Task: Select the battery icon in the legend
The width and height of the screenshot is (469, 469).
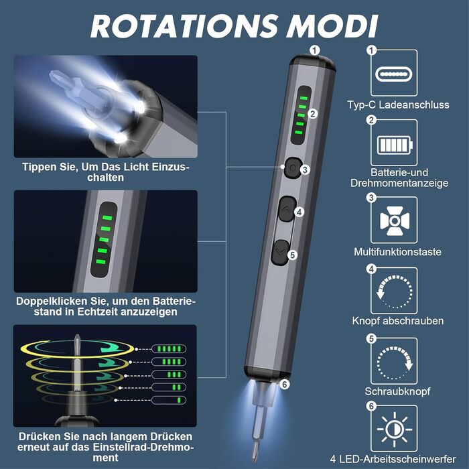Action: (395, 145)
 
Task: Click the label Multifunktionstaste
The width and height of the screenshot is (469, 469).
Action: (397, 252)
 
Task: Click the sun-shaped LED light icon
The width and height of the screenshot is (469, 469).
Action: (395, 429)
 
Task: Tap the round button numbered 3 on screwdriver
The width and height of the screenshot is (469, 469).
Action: (292, 168)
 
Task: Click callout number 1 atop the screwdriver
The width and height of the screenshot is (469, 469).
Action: (314, 50)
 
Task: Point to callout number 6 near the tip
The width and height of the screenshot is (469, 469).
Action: (285, 385)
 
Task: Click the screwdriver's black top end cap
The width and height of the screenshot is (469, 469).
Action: (312, 63)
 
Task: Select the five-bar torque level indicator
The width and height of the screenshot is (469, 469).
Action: (169, 349)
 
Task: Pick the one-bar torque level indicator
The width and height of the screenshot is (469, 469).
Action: (169, 400)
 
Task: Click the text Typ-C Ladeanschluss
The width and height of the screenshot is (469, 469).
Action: (398, 105)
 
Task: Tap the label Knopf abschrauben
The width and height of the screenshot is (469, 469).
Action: (398, 321)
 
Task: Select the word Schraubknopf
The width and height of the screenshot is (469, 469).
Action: (397, 391)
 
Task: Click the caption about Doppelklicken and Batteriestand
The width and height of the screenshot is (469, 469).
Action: (106, 306)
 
